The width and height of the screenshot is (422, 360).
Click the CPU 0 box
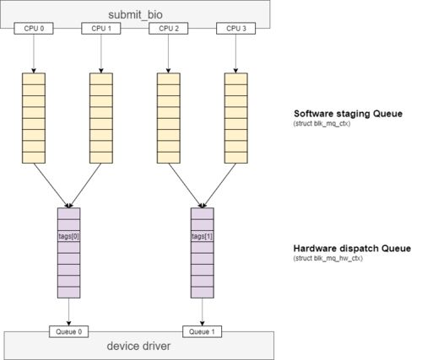coord(34,29)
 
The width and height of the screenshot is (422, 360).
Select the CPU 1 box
coord(101,29)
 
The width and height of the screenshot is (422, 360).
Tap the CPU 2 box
coord(169,29)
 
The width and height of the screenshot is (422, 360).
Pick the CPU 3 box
coord(235,29)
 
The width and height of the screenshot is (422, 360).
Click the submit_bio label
coord(135,15)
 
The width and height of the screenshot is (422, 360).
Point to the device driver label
coord(138,346)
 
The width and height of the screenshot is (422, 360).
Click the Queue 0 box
coord(69,331)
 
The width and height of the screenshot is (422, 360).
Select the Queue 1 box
coord(202,331)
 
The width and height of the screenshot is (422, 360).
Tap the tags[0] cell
coord(69,236)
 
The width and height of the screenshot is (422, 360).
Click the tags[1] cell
coord(203,236)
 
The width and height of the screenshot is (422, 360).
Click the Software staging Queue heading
coord(349,114)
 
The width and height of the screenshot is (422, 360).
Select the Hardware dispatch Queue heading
coord(352,249)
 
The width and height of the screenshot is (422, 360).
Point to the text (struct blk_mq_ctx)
coord(322,124)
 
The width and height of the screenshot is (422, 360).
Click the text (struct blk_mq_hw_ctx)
coord(328,258)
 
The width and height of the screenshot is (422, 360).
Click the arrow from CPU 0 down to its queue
coord(34,54)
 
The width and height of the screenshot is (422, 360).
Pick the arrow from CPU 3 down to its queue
coord(235,54)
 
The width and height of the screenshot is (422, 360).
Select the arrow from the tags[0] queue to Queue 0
coord(69,312)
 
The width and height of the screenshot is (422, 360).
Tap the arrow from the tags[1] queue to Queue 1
coord(202,312)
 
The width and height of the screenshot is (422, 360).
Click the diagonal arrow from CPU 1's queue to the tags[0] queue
coord(85,185)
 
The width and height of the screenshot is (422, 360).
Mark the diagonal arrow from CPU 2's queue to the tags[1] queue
coord(186,185)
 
